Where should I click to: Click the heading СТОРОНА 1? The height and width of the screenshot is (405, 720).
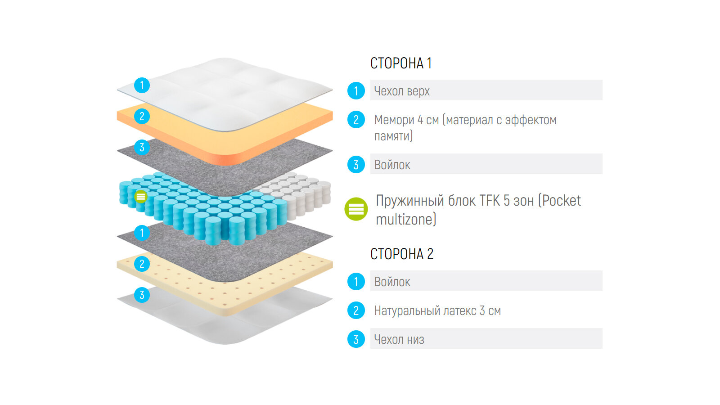point(400,63)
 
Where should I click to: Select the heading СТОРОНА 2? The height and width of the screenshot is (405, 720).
point(401,254)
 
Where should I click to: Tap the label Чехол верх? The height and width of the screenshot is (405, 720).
point(402,91)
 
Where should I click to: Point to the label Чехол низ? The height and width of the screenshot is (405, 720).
point(399,339)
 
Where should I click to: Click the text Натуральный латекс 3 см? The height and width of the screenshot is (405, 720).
point(437,310)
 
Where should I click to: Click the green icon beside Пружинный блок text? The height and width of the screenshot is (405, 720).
point(356,209)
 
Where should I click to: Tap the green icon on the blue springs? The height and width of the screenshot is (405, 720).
point(141,197)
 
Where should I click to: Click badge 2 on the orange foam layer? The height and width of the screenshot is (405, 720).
point(142,117)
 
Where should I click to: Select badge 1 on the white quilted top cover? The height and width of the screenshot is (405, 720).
point(142,85)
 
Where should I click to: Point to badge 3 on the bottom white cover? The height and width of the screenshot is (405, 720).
point(142,295)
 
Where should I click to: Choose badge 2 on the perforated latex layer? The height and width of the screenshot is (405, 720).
point(142,264)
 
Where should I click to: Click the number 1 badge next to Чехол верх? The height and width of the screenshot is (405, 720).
point(356,91)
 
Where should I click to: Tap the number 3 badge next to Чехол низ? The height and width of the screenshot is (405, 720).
point(356,339)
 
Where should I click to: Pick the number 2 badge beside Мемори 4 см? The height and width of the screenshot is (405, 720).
point(356,120)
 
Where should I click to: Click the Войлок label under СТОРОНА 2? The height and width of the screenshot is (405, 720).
point(392,282)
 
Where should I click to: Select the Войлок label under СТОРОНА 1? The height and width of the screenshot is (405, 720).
point(392,165)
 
